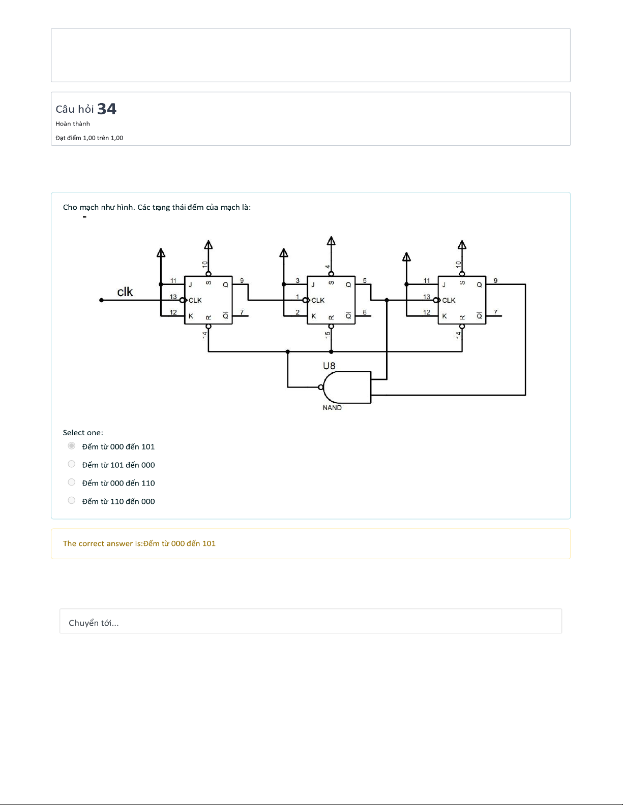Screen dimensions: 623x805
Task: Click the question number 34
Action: tap(107, 109)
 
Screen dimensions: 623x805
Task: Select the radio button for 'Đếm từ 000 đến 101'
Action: tap(72, 445)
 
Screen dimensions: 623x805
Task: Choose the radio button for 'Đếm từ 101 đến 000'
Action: tap(72, 464)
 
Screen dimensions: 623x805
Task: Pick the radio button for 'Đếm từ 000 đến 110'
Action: tap(72, 482)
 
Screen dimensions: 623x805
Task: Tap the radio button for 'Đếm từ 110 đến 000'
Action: tap(72, 500)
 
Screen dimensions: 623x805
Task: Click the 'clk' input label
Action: tap(125, 292)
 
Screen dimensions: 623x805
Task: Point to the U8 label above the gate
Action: tap(329, 366)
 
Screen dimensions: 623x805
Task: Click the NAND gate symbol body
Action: tap(347, 387)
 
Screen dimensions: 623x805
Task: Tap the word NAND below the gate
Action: tap(332, 407)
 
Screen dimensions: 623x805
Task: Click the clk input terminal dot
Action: tap(101, 300)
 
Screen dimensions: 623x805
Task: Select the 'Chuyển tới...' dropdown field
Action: tap(311, 621)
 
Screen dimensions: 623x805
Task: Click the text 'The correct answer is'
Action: tap(102, 543)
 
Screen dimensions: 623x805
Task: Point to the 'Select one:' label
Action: tap(83, 433)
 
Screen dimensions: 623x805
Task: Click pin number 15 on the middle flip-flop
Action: tap(328, 335)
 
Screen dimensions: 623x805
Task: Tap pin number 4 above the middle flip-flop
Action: tap(328, 267)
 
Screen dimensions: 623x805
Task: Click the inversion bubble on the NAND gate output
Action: tap(321, 387)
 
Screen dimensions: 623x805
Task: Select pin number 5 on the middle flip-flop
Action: tap(365, 281)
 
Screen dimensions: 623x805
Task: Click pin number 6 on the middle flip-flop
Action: tap(365, 312)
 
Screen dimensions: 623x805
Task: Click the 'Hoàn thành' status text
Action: tap(73, 124)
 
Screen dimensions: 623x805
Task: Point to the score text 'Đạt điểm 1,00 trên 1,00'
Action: tap(90, 138)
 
